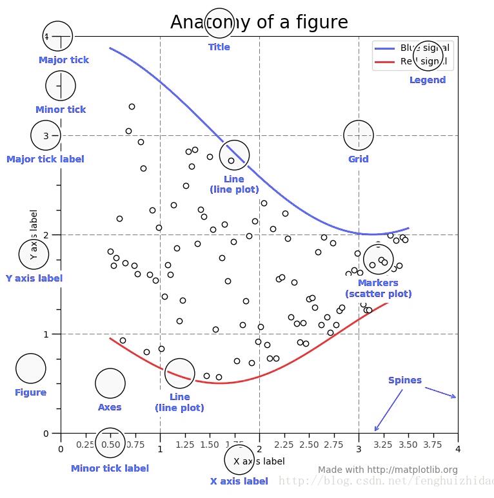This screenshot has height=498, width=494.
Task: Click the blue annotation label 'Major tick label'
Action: click(x=45, y=159)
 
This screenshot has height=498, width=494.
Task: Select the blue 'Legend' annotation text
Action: click(x=428, y=80)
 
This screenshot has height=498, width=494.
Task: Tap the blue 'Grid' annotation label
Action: click(x=359, y=159)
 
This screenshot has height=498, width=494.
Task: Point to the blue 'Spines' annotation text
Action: click(x=405, y=380)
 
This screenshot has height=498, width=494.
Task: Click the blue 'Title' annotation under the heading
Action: click(x=219, y=47)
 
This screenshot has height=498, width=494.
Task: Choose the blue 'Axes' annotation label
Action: click(x=110, y=407)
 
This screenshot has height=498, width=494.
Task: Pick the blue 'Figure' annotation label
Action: click(x=31, y=392)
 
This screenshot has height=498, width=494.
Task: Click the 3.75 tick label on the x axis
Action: click(x=433, y=445)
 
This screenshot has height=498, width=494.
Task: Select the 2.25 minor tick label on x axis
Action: click(x=284, y=445)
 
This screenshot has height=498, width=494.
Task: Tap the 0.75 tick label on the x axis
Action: click(x=135, y=445)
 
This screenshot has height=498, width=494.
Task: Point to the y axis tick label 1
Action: click(x=46, y=334)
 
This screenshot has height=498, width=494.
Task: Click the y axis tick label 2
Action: click(x=46, y=235)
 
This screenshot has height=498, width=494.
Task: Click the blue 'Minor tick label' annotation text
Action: click(x=110, y=468)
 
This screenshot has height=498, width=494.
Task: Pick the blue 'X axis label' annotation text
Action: click(x=239, y=481)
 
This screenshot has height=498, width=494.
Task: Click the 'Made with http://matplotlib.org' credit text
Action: click(x=388, y=470)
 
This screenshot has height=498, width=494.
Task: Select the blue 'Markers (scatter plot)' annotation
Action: click(x=378, y=288)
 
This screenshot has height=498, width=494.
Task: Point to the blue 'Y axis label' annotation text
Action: click(x=34, y=278)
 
